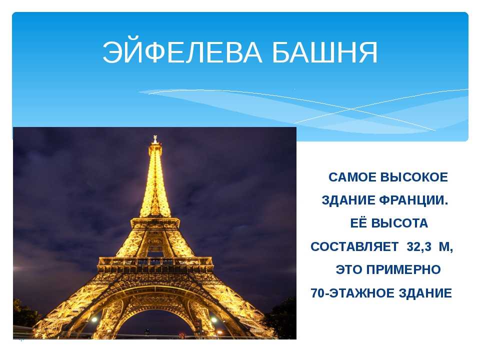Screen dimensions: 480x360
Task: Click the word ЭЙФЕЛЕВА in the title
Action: click(182, 52)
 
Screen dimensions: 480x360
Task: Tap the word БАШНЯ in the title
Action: click(325, 52)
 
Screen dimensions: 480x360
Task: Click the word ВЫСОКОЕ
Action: click(414, 177)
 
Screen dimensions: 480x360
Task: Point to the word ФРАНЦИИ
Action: click(413, 200)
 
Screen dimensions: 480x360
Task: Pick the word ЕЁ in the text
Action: click(358, 223)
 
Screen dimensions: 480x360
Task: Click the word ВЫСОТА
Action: click(399, 223)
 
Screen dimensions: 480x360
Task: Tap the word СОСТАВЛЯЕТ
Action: click(354, 246)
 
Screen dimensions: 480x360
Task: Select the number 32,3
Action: click(419, 246)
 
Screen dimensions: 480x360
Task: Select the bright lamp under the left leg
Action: click(94, 319)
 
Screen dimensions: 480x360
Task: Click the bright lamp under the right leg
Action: click(214, 320)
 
